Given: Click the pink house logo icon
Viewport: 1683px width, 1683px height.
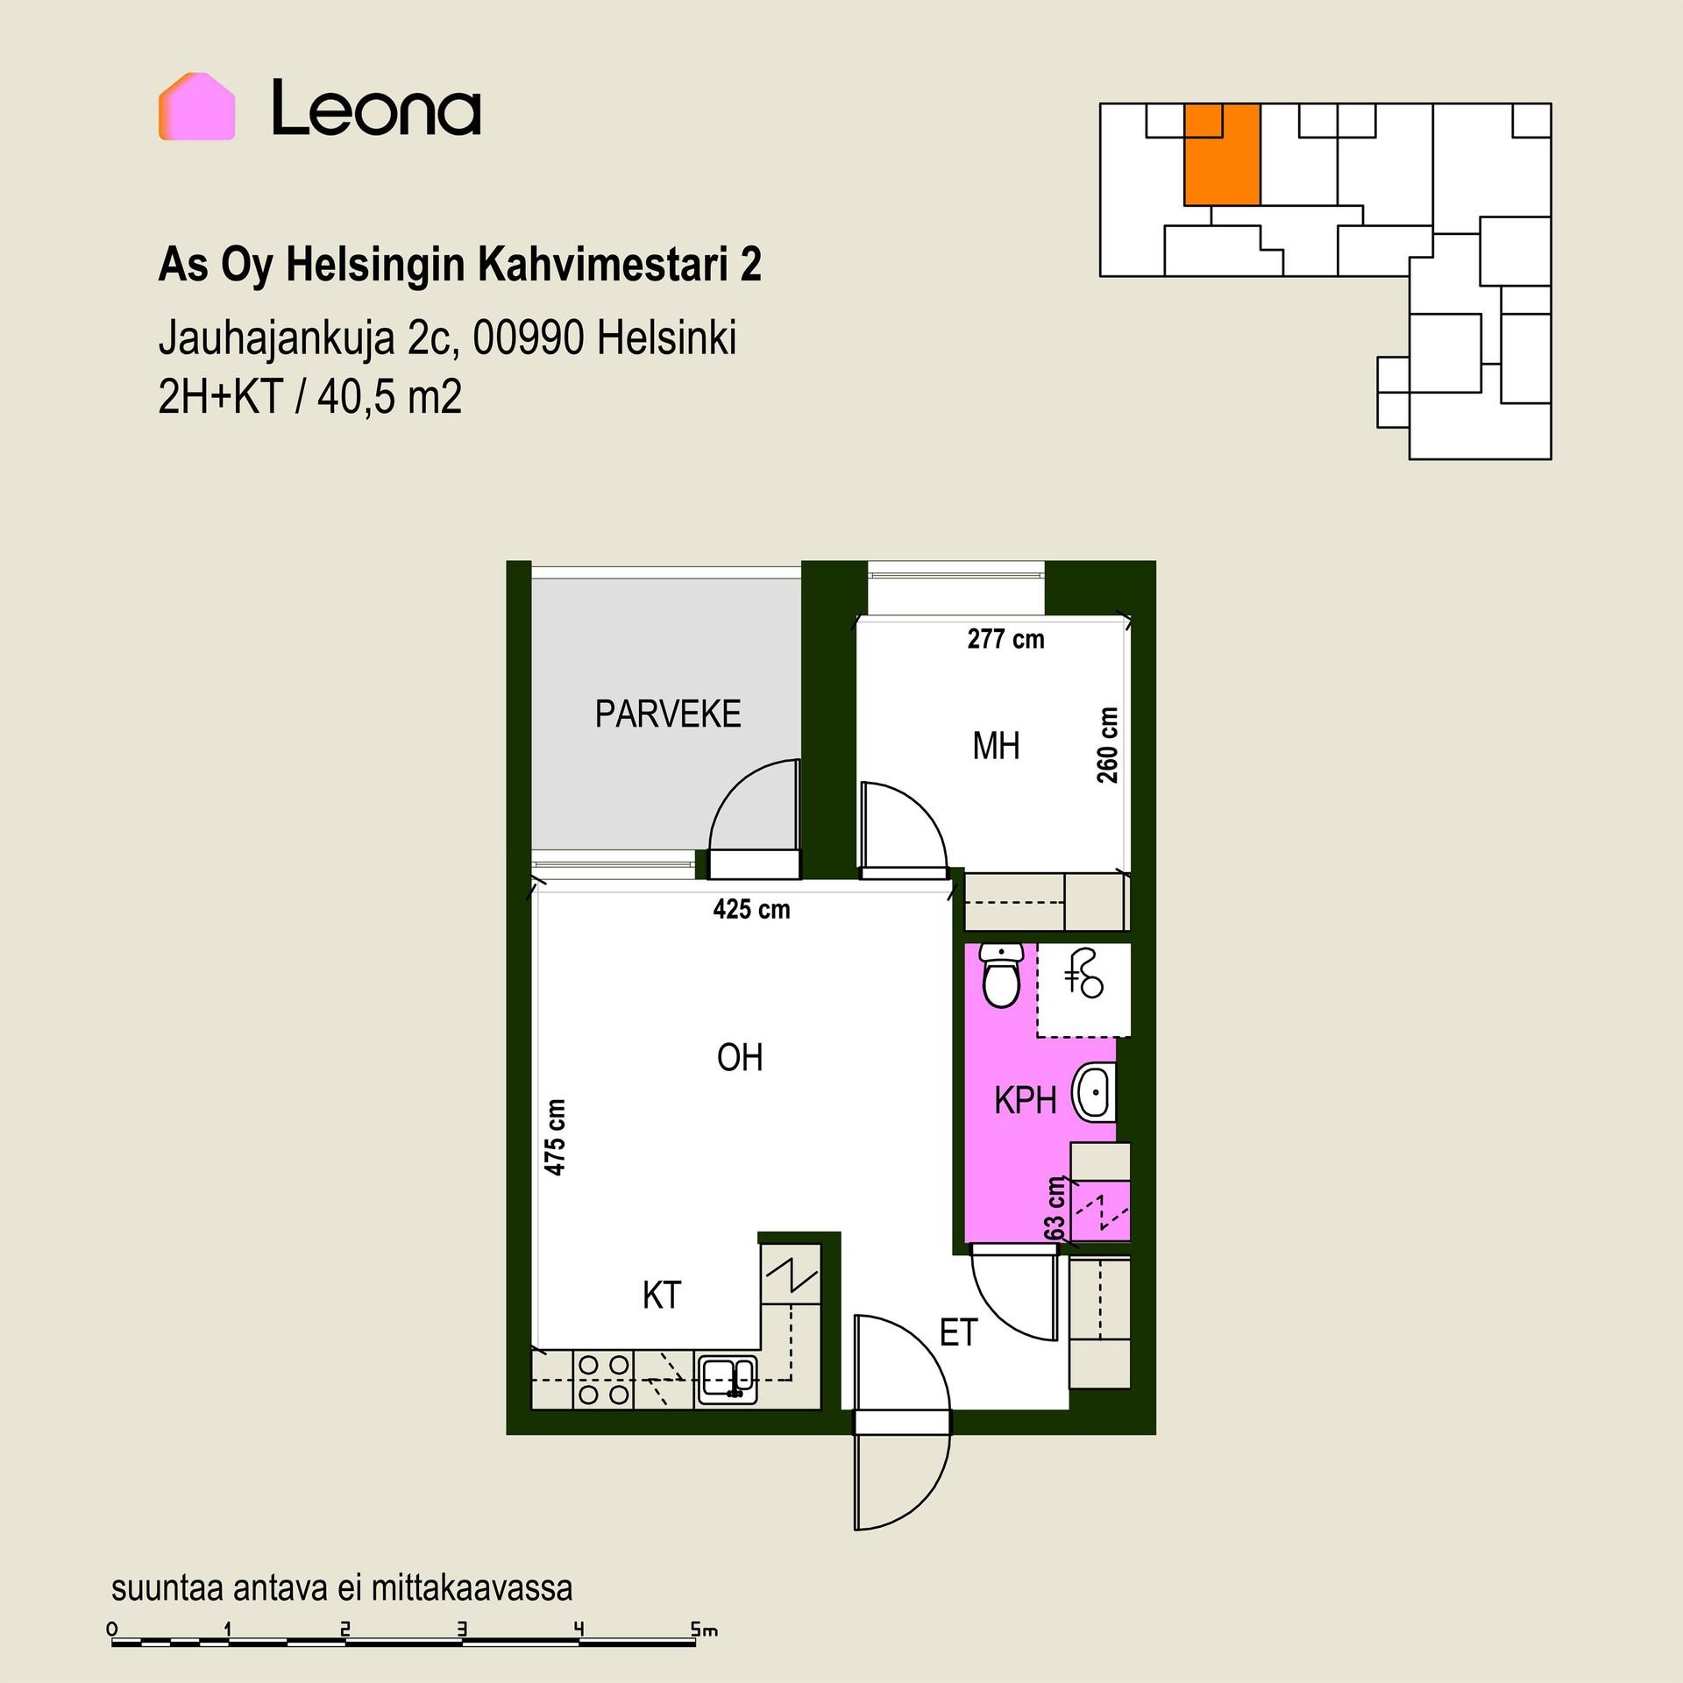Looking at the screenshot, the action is coord(196,106).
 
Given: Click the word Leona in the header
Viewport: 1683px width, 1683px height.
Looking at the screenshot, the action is coord(376,109).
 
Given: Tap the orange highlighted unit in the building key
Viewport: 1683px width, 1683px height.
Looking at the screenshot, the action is coord(1222,154).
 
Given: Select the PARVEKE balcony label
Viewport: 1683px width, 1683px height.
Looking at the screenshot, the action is coord(668,714).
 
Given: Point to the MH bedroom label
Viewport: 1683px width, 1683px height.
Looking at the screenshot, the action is coord(996,746).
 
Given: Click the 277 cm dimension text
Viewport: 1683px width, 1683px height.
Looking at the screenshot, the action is coord(1005,639).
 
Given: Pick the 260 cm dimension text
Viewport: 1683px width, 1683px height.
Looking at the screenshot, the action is coord(1108,745).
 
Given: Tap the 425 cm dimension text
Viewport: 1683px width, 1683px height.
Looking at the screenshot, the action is coord(751,909).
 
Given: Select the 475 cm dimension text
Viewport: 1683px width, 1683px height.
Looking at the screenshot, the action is coord(555,1137).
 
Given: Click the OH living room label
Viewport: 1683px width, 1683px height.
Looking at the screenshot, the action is coord(740,1058).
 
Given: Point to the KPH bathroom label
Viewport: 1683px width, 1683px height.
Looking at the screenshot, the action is coord(1025,1100).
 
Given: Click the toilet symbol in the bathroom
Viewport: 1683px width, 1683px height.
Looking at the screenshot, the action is coord(1001,975).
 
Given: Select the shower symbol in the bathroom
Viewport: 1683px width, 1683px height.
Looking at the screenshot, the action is coord(1084,974).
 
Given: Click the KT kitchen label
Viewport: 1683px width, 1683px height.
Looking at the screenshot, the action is coord(662,1296).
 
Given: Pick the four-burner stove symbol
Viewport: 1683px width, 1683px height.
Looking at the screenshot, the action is coord(605,1380).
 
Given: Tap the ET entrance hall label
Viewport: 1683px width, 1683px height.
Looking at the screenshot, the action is coord(958,1333).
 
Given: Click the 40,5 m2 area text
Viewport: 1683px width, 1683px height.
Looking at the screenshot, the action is coord(389,398).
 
